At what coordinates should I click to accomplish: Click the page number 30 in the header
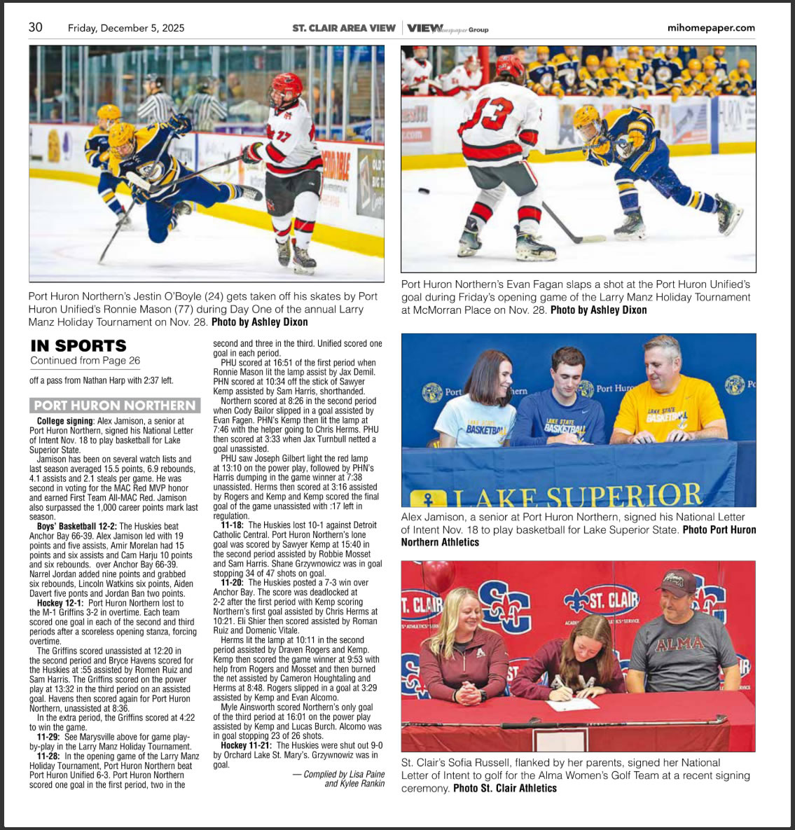(x=35, y=27)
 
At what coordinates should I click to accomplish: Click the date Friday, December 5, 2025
(x=126, y=28)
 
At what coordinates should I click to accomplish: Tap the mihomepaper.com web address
(x=711, y=28)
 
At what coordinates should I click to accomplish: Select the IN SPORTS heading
(x=78, y=345)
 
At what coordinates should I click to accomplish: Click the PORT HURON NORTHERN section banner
(x=115, y=406)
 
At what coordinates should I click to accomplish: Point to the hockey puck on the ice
(x=424, y=191)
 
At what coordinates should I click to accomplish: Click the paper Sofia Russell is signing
(x=572, y=703)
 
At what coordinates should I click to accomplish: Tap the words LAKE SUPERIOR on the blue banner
(x=578, y=496)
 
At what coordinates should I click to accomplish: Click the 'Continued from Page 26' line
(x=85, y=361)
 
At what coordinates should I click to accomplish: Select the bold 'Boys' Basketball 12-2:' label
(x=77, y=526)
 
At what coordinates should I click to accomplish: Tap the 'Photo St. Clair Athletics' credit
(x=505, y=788)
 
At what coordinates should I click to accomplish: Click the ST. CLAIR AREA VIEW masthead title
(x=344, y=28)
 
